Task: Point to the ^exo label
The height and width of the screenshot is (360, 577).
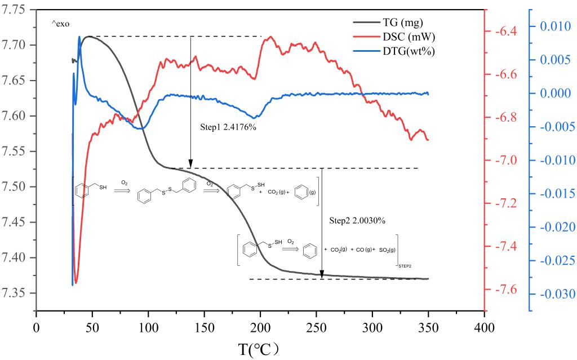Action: [x=62, y=24]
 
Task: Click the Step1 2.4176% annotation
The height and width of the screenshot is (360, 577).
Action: [x=228, y=127]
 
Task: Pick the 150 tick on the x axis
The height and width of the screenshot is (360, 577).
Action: [x=204, y=326]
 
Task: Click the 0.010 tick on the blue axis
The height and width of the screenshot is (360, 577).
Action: [x=555, y=26]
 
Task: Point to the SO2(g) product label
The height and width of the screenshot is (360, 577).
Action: [x=383, y=248]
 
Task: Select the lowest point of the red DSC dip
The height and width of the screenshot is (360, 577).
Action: [x=77, y=282]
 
